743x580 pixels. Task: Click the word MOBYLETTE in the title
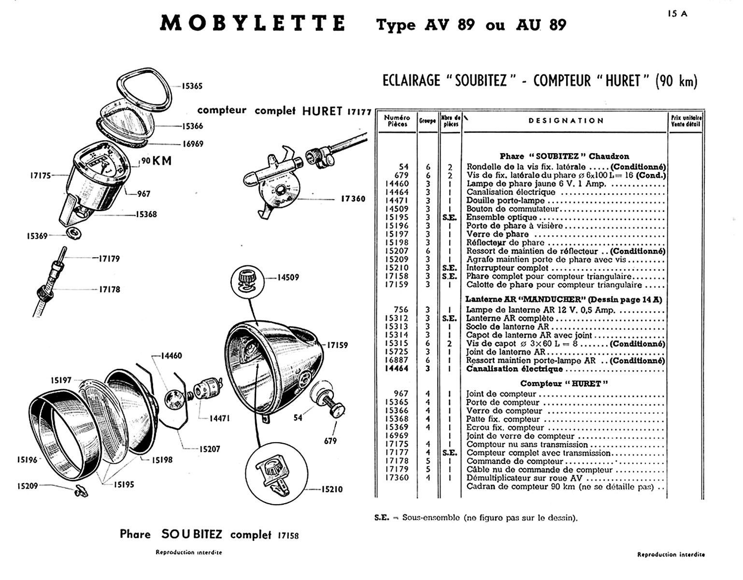click(252, 24)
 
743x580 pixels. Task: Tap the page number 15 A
click(677, 14)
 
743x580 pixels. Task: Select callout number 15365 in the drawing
click(192, 87)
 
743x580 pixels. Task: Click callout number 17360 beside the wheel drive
click(353, 199)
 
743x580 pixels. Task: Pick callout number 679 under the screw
click(331, 441)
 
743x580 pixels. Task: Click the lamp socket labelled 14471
click(205, 390)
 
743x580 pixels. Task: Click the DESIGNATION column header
click(566, 120)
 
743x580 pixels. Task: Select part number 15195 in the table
click(397, 217)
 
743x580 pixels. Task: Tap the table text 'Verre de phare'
click(497, 234)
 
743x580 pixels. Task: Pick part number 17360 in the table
click(397, 478)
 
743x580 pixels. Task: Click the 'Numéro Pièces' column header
click(397, 121)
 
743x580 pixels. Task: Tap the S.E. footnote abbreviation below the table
click(382, 517)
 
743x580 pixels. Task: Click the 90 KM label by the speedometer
click(157, 161)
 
